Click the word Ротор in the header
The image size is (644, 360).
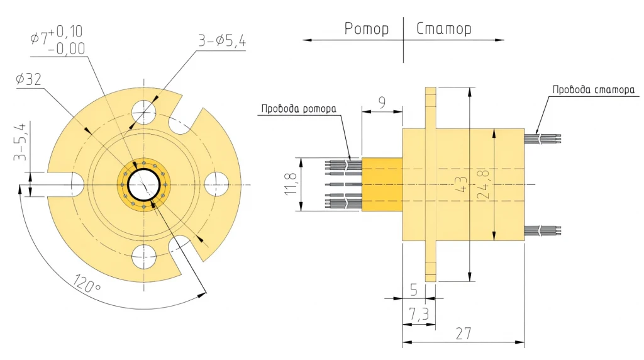pos(367,28)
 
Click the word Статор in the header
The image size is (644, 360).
pos(444,28)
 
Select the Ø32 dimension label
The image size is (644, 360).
pos(28,79)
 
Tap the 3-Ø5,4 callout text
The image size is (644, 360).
pos(222,41)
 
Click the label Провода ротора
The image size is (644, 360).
pos(299,109)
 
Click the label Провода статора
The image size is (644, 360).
pos(594,89)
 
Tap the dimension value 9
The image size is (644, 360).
pos(382,101)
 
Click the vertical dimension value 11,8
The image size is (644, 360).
pos(291,183)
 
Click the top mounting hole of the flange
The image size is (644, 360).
pos(143,112)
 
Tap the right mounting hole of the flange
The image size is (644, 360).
pos(216,184)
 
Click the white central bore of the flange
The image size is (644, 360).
pos(144,185)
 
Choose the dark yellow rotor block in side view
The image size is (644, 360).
pos(382,184)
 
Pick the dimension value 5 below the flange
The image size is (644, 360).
pos(414,290)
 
